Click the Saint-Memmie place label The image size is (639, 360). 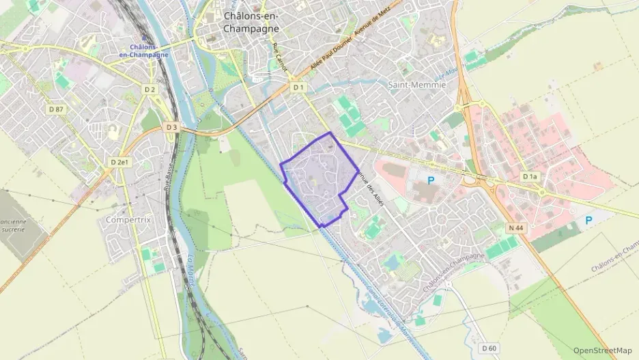pyautogui.click(x=416, y=85)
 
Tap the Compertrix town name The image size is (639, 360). pyautogui.click(x=128, y=220)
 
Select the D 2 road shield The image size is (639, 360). pyautogui.click(x=150, y=89)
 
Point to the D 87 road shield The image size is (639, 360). pyautogui.click(x=56, y=109)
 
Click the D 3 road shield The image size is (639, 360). pyautogui.click(x=171, y=127)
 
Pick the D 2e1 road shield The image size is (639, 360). pyautogui.click(x=119, y=163)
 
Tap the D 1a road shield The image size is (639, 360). pyautogui.click(x=530, y=176)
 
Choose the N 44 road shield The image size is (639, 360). pyautogui.click(x=516, y=226)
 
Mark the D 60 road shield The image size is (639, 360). pyautogui.click(x=488, y=348)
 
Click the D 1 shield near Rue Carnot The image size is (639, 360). pyautogui.click(x=298, y=87)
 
